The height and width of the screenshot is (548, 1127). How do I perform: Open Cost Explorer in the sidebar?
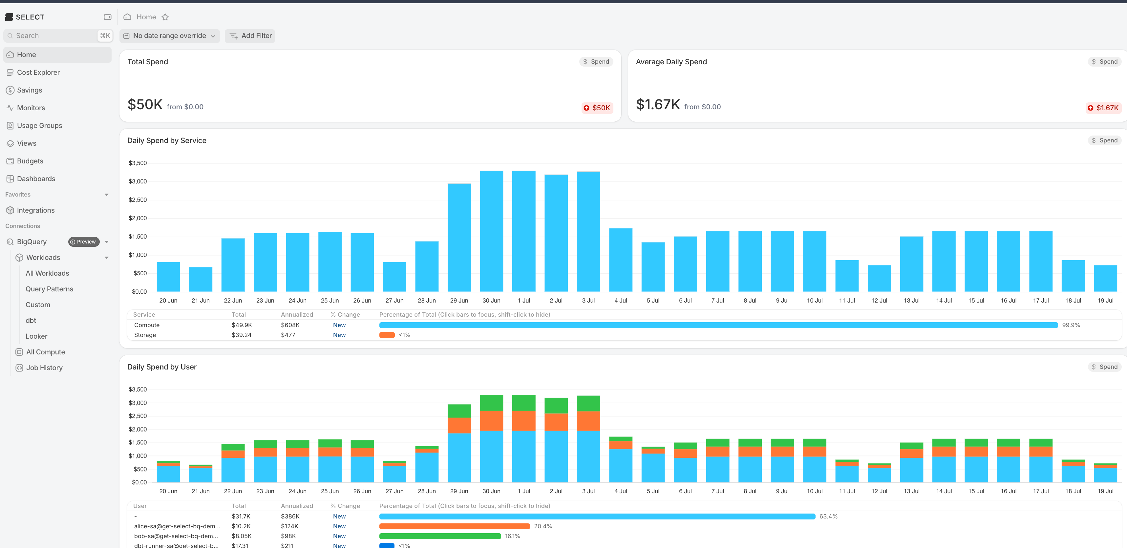38,72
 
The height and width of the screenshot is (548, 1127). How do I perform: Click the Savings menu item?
29,90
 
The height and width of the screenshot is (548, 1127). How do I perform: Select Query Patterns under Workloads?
50,289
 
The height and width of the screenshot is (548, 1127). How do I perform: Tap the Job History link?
44,368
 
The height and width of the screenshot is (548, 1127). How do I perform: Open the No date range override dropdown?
169,36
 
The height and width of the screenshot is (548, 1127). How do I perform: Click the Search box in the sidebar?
58,36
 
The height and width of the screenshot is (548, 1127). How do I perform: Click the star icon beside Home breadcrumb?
165,17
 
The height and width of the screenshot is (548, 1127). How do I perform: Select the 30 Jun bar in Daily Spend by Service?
491,231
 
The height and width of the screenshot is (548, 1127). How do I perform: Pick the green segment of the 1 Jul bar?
524,403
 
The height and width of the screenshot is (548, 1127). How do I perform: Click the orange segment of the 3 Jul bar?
588,421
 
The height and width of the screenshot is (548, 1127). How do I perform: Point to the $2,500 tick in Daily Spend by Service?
138,200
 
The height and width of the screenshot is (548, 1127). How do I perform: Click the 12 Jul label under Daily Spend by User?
879,491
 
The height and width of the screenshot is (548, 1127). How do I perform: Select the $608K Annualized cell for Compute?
290,325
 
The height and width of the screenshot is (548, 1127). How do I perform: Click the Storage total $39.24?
242,335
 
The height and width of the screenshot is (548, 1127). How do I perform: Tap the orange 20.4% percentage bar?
455,526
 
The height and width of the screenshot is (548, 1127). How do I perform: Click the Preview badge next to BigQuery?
84,242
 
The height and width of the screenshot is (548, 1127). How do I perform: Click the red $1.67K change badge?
1103,108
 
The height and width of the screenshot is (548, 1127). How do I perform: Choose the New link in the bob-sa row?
339,536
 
